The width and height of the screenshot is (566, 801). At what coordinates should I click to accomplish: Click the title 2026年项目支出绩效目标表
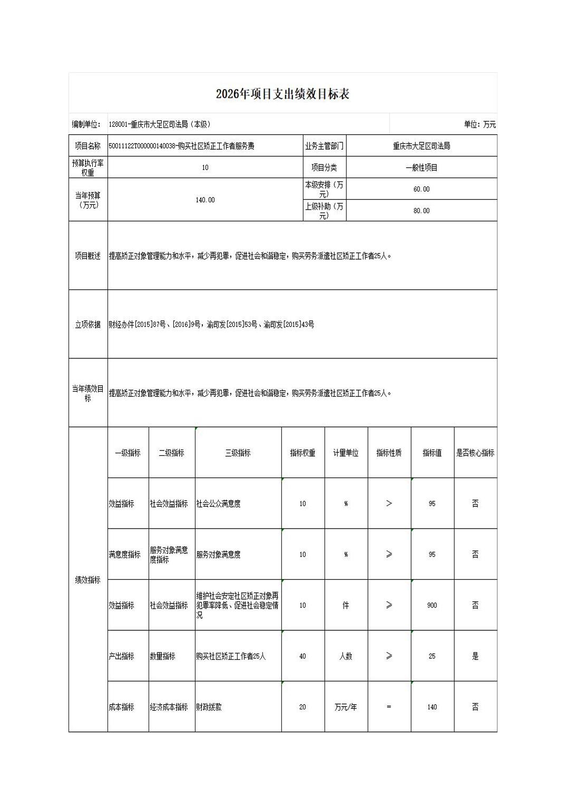click(282, 94)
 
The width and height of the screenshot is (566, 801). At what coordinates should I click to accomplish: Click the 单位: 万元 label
click(480, 124)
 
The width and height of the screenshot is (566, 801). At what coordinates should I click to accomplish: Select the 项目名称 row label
click(87, 146)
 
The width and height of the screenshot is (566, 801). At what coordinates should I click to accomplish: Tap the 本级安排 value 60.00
click(421, 189)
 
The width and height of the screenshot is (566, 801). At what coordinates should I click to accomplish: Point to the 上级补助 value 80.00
click(421, 211)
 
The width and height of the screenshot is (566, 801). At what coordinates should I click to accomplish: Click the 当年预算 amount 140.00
click(205, 200)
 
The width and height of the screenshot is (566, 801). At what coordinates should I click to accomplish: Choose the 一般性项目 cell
click(421, 168)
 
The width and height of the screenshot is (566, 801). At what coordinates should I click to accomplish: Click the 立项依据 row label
click(87, 325)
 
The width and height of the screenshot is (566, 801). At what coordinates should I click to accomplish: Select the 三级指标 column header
click(238, 453)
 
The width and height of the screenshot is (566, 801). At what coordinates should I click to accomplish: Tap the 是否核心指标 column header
click(475, 453)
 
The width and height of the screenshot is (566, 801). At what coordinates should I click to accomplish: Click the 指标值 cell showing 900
click(432, 605)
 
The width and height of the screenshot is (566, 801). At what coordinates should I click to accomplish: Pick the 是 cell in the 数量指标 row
click(475, 656)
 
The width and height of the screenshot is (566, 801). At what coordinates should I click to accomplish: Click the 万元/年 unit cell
click(346, 707)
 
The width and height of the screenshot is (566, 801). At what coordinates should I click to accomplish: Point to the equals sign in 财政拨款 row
click(389, 707)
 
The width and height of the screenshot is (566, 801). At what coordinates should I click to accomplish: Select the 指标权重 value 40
click(302, 656)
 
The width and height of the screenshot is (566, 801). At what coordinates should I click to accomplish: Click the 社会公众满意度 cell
click(219, 504)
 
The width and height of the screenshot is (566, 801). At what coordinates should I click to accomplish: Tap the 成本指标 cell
click(122, 707)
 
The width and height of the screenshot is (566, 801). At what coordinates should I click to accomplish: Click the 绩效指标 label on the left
click(87, 580)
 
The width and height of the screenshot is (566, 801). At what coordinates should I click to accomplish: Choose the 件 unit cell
click(346, 605)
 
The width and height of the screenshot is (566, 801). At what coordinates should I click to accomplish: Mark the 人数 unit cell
click(346, 656)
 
